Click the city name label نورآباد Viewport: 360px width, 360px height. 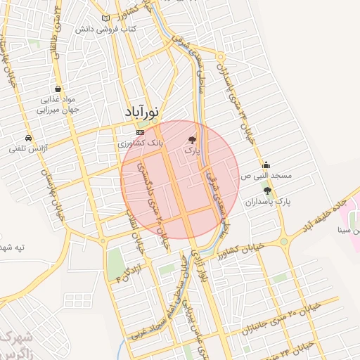click(143, 112)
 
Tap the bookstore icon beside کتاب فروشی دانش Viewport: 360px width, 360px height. click(106, 18)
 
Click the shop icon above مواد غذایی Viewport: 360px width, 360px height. click(57, 89)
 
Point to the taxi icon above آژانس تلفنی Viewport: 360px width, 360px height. click(27, 138)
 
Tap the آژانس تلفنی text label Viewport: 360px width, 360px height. click(27, 148)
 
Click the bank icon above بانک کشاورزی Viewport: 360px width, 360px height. click(140, 132)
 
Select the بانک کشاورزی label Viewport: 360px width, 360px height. click(141, 143)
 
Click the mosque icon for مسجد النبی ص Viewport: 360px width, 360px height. click(265, 166)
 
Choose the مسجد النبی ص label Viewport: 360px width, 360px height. click(266, 176)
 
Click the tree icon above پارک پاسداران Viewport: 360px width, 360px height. click(266, 191)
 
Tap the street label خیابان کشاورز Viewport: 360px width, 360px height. click(238, 247)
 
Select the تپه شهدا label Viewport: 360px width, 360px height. click(14, 247)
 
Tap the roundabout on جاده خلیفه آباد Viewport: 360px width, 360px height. click(284, 243)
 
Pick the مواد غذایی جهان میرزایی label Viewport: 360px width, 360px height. click(57, 105)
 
